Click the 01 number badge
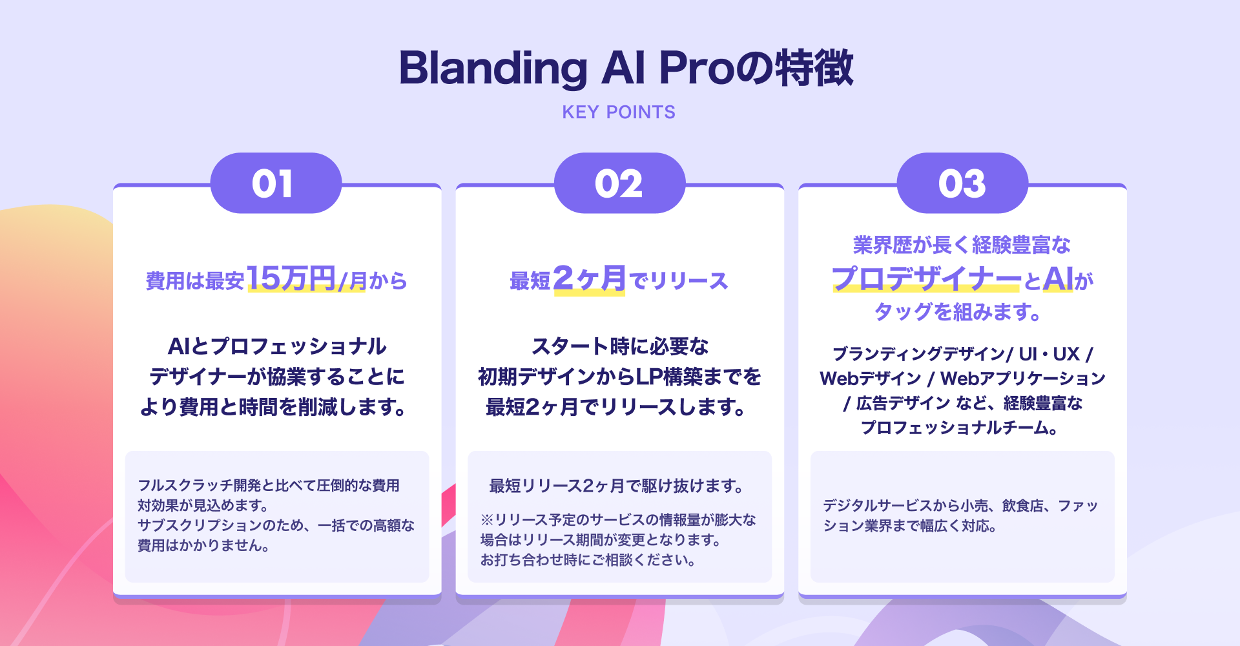tap(276, 183)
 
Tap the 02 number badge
tap(619, 183)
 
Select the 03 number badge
tap(962, 183)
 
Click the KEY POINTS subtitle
tap(619, 112)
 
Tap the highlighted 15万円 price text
tap(291, 279)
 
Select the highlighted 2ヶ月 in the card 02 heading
tap(590, 279)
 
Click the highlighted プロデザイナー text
tap(927, 279)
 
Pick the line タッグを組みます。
tap(958, 312)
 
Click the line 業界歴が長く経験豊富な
tap(962, 245)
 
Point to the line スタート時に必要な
tap(620, 347)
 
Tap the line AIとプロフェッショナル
tap(277, 347)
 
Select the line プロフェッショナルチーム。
tap(959, 428)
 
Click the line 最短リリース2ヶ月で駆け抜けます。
tap(617, 486)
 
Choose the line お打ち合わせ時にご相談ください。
tap(588, 560)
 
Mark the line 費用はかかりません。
tap(203, 546)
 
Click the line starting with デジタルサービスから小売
tap(960, 506)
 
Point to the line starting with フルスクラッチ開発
tap(269, 486)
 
